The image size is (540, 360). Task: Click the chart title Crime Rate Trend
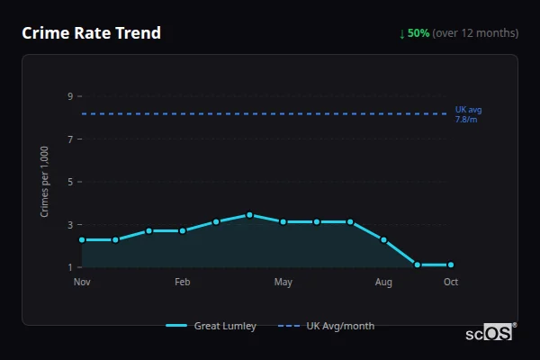(x=91, y=33)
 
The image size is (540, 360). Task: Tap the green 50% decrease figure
(x=418, y=33)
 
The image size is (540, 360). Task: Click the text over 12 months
(x=475, y=33)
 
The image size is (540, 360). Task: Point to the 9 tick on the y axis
(x=69, y=96)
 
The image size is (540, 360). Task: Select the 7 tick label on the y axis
(x=69, y=139)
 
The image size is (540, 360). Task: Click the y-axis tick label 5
(x=69, y=182)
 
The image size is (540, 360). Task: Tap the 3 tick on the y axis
(x=69, y=225)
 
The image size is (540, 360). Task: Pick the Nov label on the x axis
(x=82, y=283)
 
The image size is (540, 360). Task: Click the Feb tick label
(x=183, y=283)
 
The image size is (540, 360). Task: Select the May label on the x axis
(x=283, y=283)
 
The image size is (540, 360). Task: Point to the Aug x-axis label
(x=384, y=283)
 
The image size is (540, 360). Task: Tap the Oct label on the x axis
(x=451, y=283)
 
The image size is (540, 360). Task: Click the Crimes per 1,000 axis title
(x=45, y=181)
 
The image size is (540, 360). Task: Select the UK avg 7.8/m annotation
(x=468, y=114)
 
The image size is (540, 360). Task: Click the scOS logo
(x=490, y=332)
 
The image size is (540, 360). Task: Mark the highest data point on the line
(x=249, y=215)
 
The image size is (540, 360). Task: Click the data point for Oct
(x=451, y=265)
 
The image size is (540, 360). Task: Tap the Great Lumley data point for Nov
(x=82, y=239)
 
